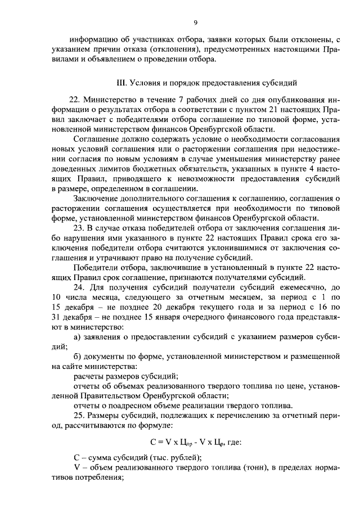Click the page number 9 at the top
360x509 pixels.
(x=195, y=22)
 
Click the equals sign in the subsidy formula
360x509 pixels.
(x=160, y=442)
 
